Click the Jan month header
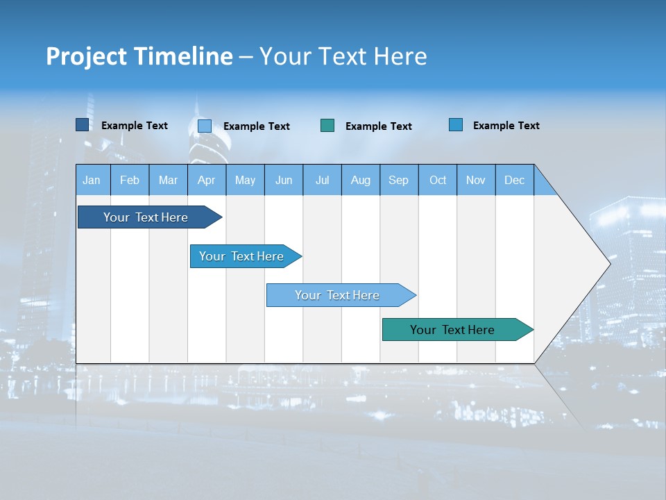pyautogui.click(x=92, y=180)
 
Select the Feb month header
pyautogui.click(x=130, y=180)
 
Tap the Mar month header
pyautogui.click(x=168, y=180)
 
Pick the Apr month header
pyautogui.click(x=207, y=180)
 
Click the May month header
pyautogui.click(x=245, y=180)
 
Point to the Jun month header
pyautogui.click(x=284, y=180)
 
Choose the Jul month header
pyautogui.click(x=322, y=180)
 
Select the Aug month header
pyautogui.click(x=361, y=180)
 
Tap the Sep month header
pyautogui.click(x=399, y=180)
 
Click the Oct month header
pyautogui.click(x=438, y=180)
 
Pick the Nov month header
pyautogui.click(x=476, y=180)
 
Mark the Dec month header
pyautogui.click(x=515, y=180)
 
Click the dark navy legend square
pyautogui.click(x=83, y=125)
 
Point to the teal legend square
pyautogui.click(x=327, y=126)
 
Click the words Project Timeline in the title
pyautogui.click(x=139, y=56)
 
